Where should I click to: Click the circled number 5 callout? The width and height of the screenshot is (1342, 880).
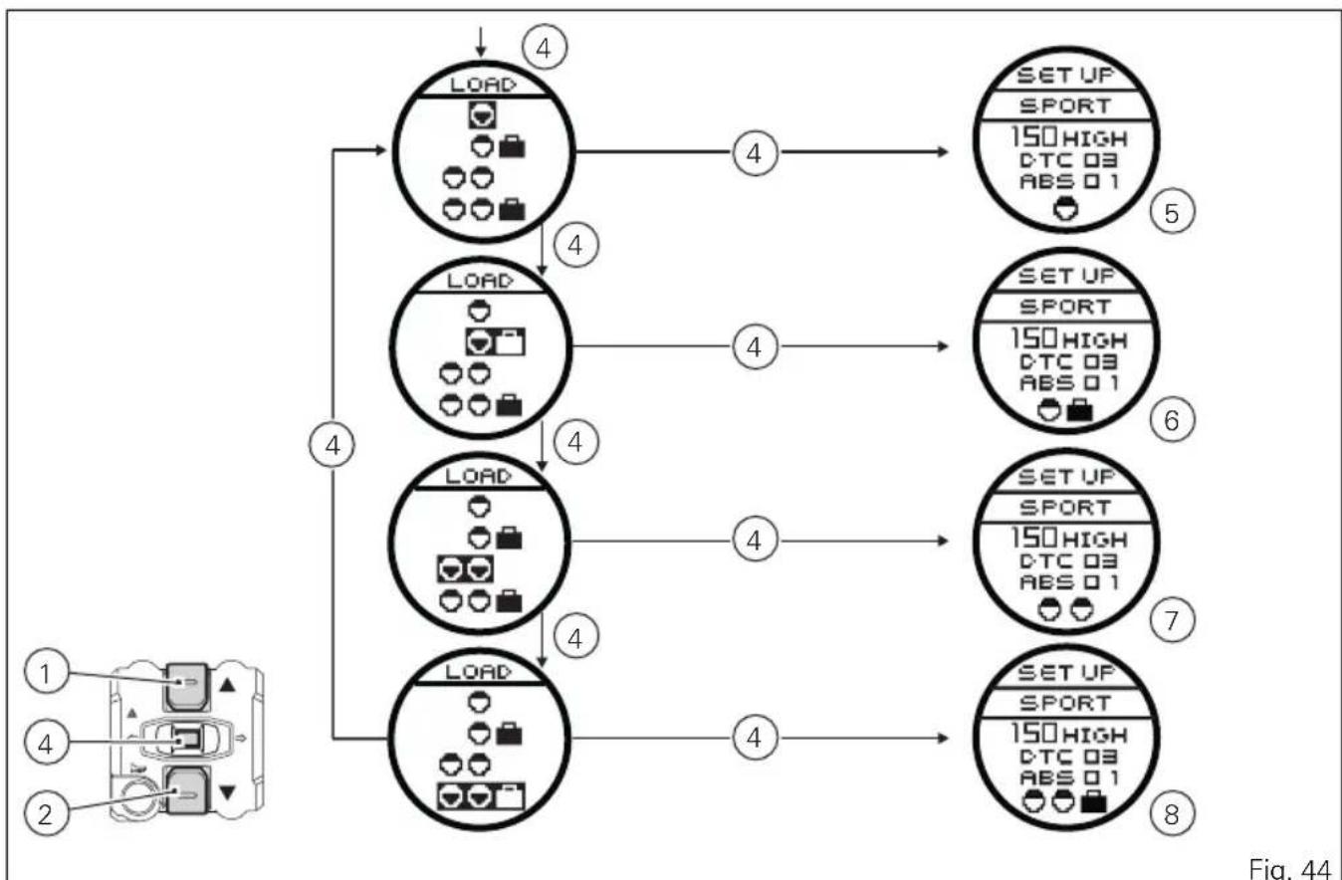pyautogui.click(x=1172, y=213)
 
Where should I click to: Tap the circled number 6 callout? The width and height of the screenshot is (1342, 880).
pyautogui.click(x=1172, y=420)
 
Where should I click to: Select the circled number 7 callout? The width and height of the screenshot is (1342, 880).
pyautogui.click(x=1172, y=620)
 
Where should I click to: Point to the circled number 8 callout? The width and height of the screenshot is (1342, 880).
pyautogui.click(x=1172, y=814)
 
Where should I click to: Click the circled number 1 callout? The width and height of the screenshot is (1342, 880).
pyautogui.click(x=46, y=672)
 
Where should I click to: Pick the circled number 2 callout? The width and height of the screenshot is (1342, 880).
pyautogui.click(x=46, y=814)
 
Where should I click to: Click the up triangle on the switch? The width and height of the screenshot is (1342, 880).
pyautogui.click(x=227, y=684)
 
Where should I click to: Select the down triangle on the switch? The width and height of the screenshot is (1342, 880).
pyautogui.click(x=227, y=792)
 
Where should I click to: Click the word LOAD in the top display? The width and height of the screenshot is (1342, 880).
pyautogui.click(x=483, y=85)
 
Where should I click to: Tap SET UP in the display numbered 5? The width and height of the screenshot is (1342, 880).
pyautogui.click(x=1064, y=75)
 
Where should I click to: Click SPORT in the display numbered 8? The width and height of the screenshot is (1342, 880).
pyautogui.click(x=1064, y=703)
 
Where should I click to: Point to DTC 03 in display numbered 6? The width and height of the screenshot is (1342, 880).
pyautogui.click(x=1068, y=361)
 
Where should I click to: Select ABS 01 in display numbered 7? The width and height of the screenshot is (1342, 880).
pyautogui.click(x=1069, y=581)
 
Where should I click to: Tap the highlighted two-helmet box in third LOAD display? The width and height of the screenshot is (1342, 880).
pyautogui.click(x=465, y=569)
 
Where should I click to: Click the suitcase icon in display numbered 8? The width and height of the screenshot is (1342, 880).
pyautogui.click(x=1093, y=802)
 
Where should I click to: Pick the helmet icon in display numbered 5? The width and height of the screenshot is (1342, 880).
pyautogui.click(x=1066, y=209)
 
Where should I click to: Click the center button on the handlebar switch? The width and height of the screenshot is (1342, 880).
pyautogui.click(x=186, y=741)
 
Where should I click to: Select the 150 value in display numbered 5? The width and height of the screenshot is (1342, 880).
pyautogui.click(x=1034, y=136)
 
